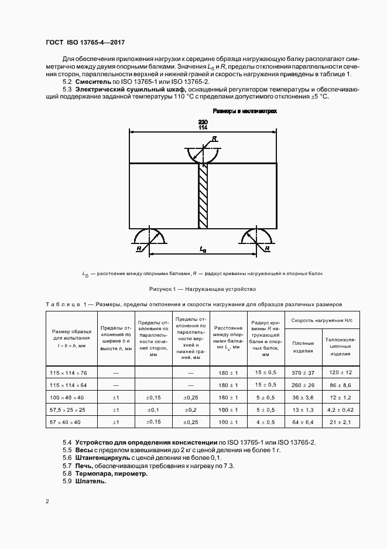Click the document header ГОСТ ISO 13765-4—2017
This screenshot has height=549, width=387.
[85, 43]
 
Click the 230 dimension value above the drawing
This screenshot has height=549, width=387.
[203, 121]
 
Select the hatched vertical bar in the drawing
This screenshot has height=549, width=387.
[203, 196]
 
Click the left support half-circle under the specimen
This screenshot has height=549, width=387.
[150, 235]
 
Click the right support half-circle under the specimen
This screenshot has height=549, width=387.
[256, 235]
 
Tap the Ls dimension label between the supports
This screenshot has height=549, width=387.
[203, 250]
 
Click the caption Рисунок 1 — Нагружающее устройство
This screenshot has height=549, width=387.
[202, 289]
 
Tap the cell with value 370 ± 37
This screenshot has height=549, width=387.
[303, 372]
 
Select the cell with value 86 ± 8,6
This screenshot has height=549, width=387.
[340, 385]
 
